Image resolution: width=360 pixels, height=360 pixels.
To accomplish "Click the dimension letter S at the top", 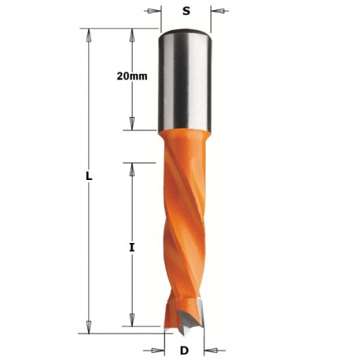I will [x=186, y=11].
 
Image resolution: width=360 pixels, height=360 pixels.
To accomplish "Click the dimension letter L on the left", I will [x=89, y=177].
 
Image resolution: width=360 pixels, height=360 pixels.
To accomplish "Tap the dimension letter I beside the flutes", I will [x=132, y=247].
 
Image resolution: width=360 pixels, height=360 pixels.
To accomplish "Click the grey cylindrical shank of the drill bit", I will [x=186, y=83].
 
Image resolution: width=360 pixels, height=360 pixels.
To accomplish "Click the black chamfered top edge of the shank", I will [x=186, y=32].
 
